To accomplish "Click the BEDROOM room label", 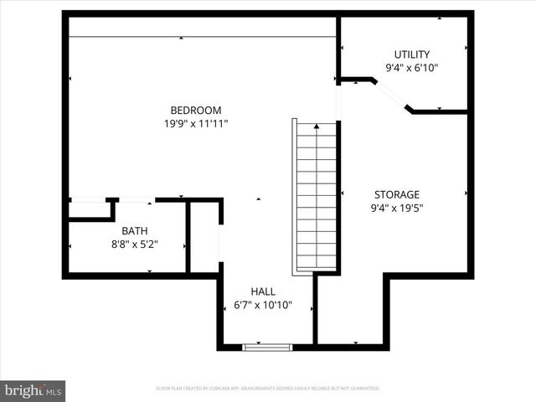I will pyautogui.click(x=195, y=110).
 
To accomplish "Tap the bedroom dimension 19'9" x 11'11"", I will pyautogui.click(x=195, y=123).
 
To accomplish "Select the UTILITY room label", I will pyautogui.click(x=411, y=54).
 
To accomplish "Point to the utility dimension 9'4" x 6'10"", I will pyautogui.click(x=411, y=68).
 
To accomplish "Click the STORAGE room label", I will pyautogui.click(x=396, y=194).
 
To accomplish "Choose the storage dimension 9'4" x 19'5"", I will pyautogui.click(x=396, y=209).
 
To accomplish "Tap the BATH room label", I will pyautogui.click(x=135, y=231).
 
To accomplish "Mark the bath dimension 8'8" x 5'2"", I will pyautogui.click(x=135, y=245).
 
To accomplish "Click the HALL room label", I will pyautogui.click(x=262, y=291).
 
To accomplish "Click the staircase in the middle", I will pyautogui.click(x=317, y=197).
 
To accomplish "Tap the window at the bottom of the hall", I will pyautogui.click(x=267, y=347).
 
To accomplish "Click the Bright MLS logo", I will pyautogui.click(x=33, y=389).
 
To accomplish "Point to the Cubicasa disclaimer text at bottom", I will pyautogui.click(x=268, y=389).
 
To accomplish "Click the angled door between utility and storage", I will pyautogui.click(x=390, y=95).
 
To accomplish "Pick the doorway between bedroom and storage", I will pyautogui.click(x=339, y=100).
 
